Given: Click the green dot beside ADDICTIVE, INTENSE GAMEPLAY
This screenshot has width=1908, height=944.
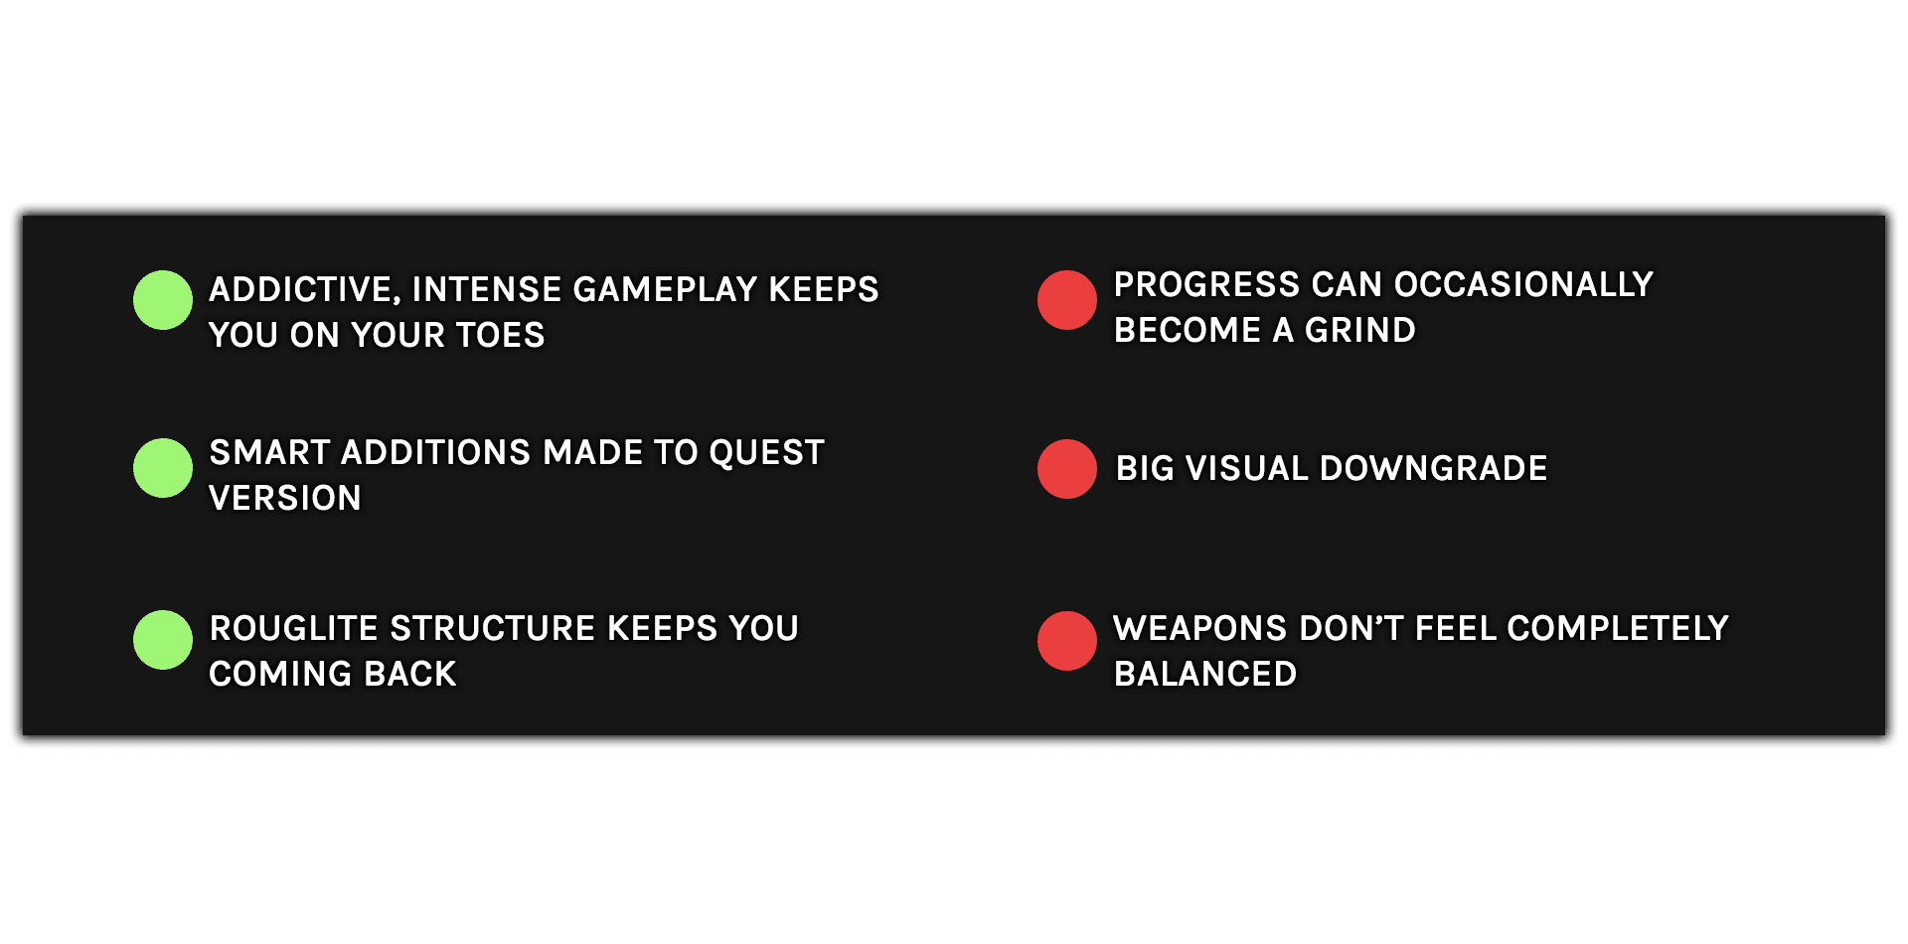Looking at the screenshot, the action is click(163, 300).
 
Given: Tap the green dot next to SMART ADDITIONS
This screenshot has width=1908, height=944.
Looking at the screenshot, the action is click(163, 468).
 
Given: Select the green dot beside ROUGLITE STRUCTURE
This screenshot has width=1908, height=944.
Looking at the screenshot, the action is click(163, 640).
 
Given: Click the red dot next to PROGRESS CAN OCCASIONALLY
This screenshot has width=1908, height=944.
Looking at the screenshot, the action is click(1067, 300).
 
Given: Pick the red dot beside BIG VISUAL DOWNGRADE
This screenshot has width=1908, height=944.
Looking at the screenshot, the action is click(1067, 469).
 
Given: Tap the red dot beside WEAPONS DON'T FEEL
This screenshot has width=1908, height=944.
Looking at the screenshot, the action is click(1067, 641).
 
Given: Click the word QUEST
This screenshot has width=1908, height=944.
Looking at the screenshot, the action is click(767, 453).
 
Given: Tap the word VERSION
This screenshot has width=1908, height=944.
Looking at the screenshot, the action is click(285, 498).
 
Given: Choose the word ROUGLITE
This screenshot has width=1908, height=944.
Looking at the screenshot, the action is click(294, 628).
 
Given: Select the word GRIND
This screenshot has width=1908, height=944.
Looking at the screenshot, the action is click(1360, 330).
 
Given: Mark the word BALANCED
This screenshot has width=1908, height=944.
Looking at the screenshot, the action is click(1205, 674).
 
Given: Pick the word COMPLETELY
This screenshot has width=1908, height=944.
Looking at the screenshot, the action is click(1618, 628).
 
